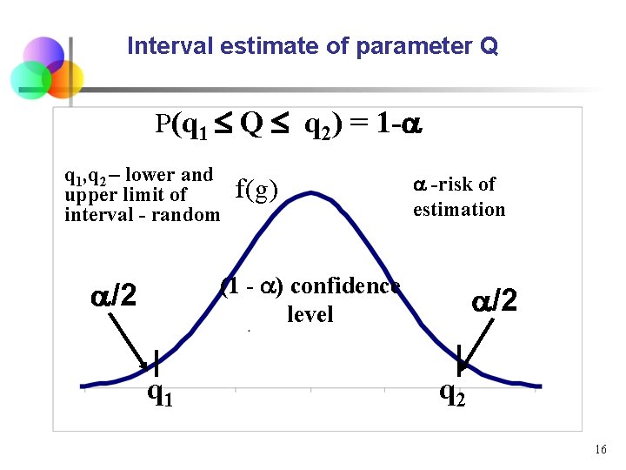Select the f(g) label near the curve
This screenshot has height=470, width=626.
256,190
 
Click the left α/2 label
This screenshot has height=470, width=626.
114,297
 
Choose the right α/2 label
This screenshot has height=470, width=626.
495,301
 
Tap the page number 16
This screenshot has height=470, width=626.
600,450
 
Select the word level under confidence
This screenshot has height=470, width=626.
310,314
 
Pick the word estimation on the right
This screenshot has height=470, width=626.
459,210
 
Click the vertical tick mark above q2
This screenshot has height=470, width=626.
459,359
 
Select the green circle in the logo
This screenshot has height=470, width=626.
30,79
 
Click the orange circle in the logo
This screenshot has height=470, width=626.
63,79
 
